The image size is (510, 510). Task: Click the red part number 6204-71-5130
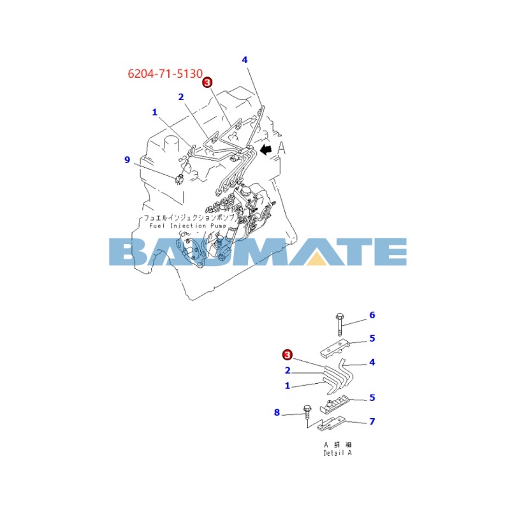click(x=165, y=74)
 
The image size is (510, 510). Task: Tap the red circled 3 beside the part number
click(x=207, y=82)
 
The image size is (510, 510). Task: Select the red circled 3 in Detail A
click(x=288, y=354)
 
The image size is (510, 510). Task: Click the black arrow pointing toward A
click(x=266, y=150)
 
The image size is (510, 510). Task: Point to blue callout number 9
click(x=127, y=160)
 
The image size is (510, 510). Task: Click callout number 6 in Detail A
click(x=372, y=315)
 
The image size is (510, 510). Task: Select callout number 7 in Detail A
click(x=372, y=421)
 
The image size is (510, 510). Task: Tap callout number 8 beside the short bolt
click(x=277, y=412)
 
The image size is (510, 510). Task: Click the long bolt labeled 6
click(x=339, y=324)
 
